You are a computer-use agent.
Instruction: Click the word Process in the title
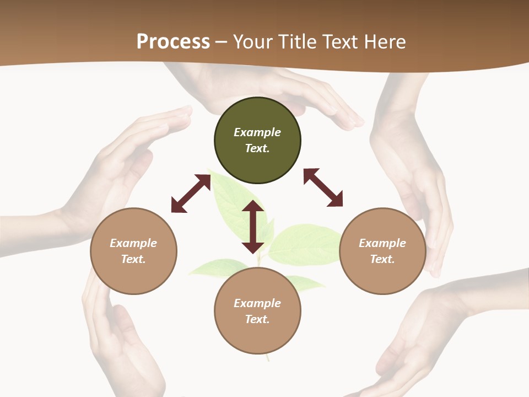[x=173, y=41]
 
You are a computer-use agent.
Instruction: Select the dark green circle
[x=257, y=140]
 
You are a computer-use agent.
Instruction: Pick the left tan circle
[x=133, y=251]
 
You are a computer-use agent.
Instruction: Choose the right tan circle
[x=382, y=251]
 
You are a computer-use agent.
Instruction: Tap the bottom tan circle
[x=257, y=311]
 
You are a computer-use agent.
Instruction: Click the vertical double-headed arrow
[x=253, y=227]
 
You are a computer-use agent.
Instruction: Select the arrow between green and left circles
[x=191, y=193]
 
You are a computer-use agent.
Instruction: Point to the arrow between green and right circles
[x=323, y=187]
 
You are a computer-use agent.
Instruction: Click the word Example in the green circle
[x=257, y=132]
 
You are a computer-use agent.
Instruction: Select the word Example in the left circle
[x=133, y=243]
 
